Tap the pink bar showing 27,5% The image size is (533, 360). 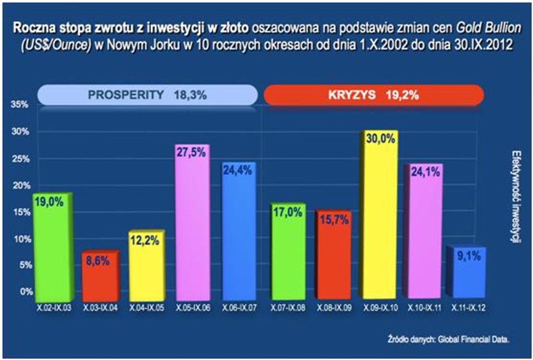click(x=192, y=225)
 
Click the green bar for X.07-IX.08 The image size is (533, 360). click(x=287, y=252)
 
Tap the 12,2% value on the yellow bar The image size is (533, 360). click(x=145, y=240)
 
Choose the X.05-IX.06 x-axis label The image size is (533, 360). click(x=193, y=308)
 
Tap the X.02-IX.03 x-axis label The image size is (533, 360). click(x=54, y=308)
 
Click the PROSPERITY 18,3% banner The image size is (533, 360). click(x=147, y=95)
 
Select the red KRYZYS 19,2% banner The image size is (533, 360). click(x=373, y=95)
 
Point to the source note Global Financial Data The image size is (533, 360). click(x=477, y=339)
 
